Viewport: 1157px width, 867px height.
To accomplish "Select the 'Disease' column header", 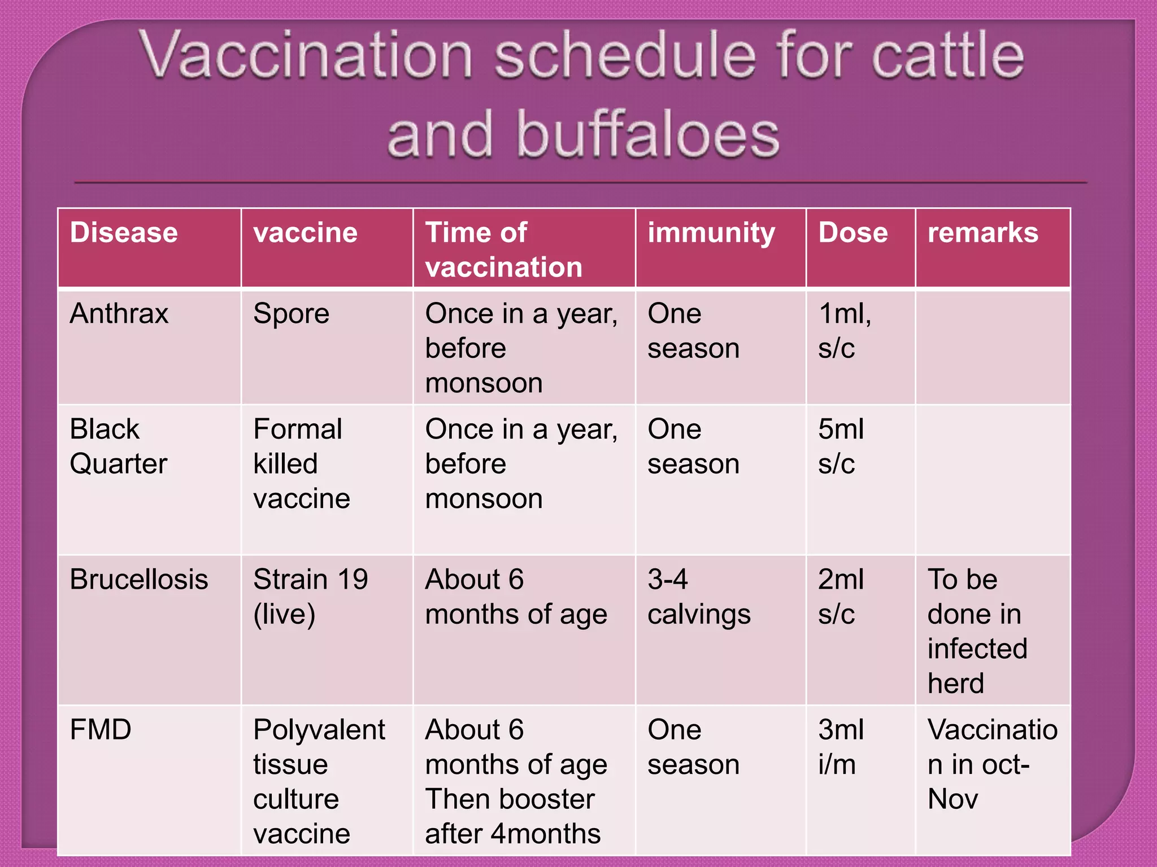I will tap(124, 233).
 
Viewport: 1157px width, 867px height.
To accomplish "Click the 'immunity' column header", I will tap(711, 233).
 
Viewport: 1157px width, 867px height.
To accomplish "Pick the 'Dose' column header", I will tap(853, 233).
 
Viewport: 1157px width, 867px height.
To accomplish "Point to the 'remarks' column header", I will tap(982, 233).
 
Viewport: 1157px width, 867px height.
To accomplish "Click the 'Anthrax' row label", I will tap(119, 313).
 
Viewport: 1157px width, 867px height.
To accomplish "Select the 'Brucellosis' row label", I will tap(139, 579).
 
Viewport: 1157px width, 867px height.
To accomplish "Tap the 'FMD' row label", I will tap(101, 729).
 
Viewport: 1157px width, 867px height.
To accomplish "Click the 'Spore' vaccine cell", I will tap(291, 313).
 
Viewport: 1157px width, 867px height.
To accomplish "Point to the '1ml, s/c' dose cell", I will tap(844, 331).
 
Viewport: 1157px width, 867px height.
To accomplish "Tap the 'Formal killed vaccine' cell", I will tap(302, 463).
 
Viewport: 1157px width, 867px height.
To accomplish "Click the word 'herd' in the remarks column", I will tap(955, 683).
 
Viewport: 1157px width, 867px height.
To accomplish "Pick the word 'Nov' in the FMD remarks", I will tap(952, 799).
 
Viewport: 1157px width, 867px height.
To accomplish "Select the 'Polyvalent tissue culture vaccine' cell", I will tap(319, 781).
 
